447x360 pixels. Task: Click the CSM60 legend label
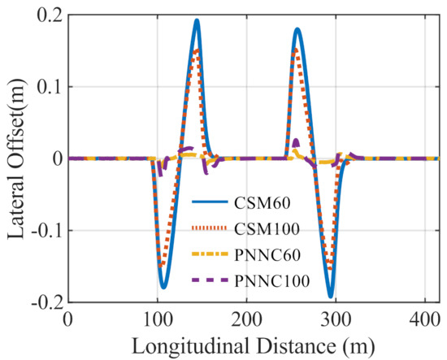pos(262,203)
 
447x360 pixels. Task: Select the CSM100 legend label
pos(267,229)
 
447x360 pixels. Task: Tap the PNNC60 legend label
pos(267,255)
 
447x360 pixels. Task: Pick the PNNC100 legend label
pos(272,281)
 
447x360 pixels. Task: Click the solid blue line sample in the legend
pos(210,202)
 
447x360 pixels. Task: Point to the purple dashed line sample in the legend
pos(210,280)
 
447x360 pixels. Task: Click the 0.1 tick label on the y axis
pos(50,87)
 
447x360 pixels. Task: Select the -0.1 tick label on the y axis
pos(46,231)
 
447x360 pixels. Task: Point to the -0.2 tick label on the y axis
pos(46,301)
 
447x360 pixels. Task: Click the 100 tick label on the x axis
pos(158,320)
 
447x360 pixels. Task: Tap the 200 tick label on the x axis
pos(246,320)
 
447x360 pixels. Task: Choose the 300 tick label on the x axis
pos(336,320)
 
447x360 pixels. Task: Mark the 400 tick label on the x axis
pos(424,320)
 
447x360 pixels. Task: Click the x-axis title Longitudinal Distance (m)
pos(253,346)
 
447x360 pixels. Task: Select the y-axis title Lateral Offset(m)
pos(15,158)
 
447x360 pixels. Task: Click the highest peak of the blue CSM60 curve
pos(197,20)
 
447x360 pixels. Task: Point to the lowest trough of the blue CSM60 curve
pos(331,297)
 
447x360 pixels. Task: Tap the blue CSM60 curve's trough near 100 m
pos(163,287)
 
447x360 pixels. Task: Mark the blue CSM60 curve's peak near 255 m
pos(297,29)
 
